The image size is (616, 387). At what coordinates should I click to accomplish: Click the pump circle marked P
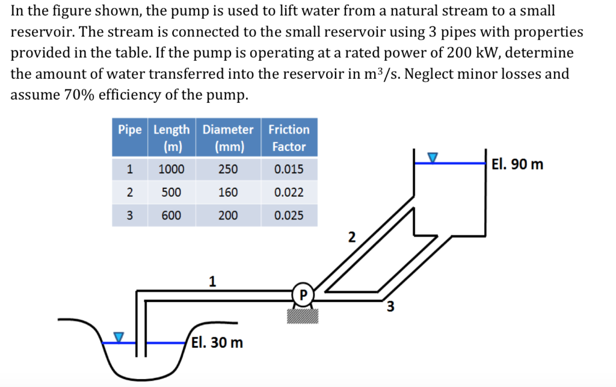click(x=303, y=294)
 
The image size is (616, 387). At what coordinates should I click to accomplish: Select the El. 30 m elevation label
click(x=218, y=343)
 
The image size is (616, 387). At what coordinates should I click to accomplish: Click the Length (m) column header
click(x=171, y=138)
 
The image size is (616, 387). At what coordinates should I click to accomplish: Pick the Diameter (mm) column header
click(x=228, y=138)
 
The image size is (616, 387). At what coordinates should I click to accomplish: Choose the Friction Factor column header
click(x=289, y=138)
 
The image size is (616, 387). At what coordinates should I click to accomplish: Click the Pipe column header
click(x=130, y=130)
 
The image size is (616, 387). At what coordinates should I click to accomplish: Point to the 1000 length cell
click(x=171, y=170)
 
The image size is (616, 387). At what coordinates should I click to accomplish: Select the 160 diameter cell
click(x=228, y=193)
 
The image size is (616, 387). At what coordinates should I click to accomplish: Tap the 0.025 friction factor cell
click(x=289, y=215)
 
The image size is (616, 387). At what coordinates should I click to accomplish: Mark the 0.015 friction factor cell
click(x=289, y=170)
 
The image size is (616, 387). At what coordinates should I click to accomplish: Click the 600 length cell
click(x=171, y=215)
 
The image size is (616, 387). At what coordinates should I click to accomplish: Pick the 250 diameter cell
click(x=228, y=170)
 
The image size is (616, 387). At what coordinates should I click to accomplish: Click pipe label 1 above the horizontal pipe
click(x=212, y=280)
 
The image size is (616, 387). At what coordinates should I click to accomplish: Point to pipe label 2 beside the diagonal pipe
click(x=353, y=237)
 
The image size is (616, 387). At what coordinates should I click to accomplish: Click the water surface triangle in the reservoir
click(x=433, y=158)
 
